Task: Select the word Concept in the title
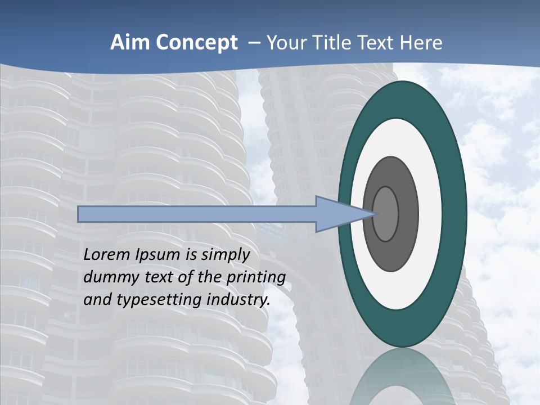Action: pyautogui.click(x=197, y=43)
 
